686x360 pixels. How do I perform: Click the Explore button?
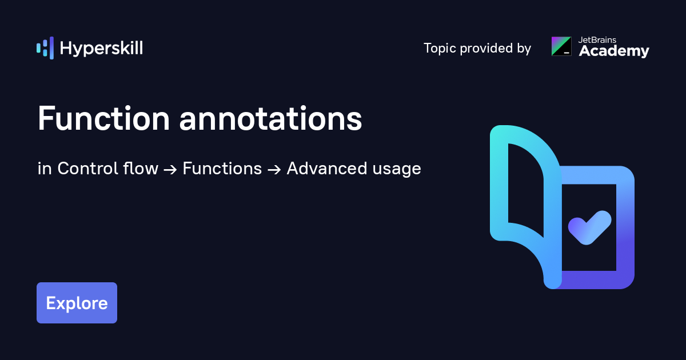(x=77, y=303)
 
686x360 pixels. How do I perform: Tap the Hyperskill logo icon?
(x=45, y=48)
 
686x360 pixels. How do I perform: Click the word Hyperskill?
(x=101, y=49)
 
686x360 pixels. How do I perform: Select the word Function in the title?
(x=103, y=119)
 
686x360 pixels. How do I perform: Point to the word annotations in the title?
(x=270, y=119)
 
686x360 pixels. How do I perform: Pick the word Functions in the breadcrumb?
(x=222, y=169)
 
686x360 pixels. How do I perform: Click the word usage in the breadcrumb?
(x=397, y=169)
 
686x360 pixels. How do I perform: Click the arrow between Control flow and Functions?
(x=170, y=169)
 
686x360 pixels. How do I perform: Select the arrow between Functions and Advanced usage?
(x=274, y=169)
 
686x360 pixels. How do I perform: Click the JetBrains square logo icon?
(x=561, y=46)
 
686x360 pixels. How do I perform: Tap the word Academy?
(x=614, y=51)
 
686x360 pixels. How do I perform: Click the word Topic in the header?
(x=440, y=49)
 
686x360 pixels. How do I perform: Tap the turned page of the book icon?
(x=523, y=194)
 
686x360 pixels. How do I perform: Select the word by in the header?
(x=524, y=49)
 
